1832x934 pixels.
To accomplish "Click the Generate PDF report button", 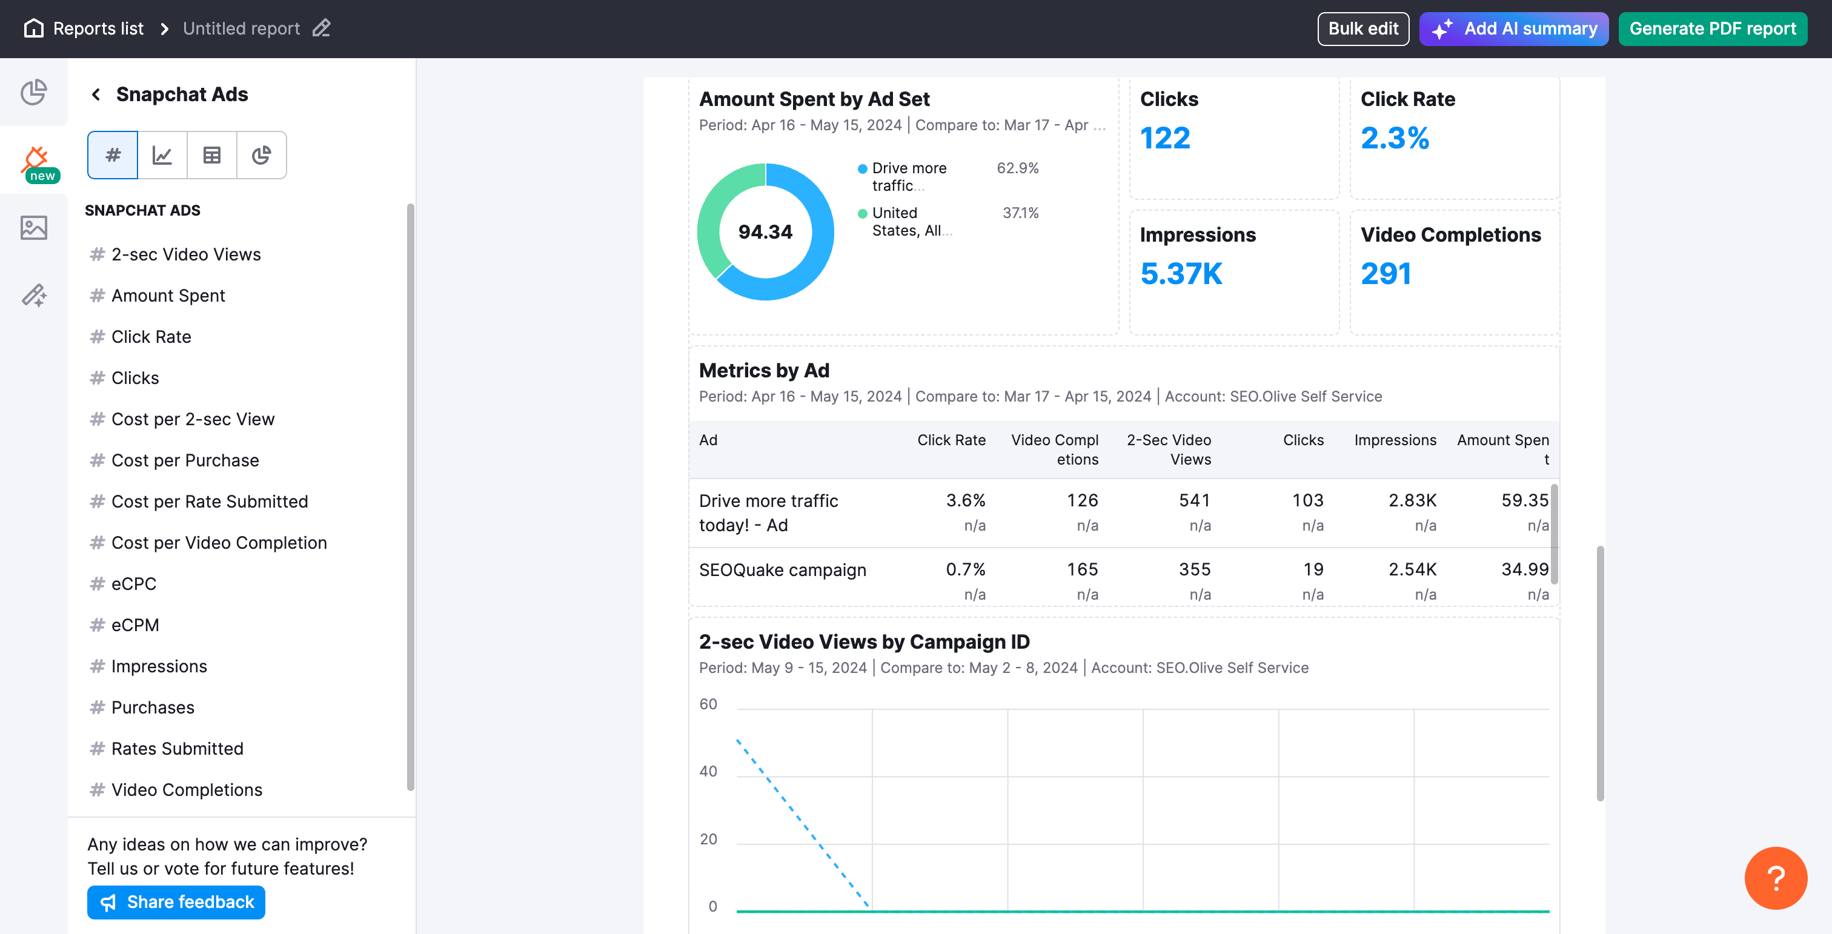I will tap(1712, 28).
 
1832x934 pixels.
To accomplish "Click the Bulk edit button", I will tap(1362, 28).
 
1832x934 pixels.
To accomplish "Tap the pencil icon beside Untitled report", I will tap(322, 28).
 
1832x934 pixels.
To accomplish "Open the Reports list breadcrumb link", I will tap(98, 28).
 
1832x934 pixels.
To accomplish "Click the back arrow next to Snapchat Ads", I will tap(96, 94).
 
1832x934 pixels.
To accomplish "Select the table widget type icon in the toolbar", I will tap(212, 155).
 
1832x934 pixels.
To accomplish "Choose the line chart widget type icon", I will tap(162, 155).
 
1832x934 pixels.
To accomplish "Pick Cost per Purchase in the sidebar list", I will tap(185, 460).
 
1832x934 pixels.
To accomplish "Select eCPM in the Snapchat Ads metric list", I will tap(135, 625).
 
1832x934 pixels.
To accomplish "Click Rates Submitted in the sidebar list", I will tap(177, 749).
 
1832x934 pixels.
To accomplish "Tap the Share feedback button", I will tap(176, 902).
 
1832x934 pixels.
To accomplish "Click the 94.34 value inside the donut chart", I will tap(765, 232).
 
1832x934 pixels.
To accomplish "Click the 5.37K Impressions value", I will tap(1181, 274).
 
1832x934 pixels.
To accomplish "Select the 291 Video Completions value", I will tap(1386, 274).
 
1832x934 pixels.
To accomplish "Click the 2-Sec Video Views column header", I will tap(1169, 449).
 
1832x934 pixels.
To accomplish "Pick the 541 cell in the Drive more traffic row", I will tap(1194, 500).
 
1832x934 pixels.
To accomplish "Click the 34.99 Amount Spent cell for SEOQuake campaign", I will tap(1524, 569).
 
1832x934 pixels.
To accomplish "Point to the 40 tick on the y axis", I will tap(708, 771).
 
